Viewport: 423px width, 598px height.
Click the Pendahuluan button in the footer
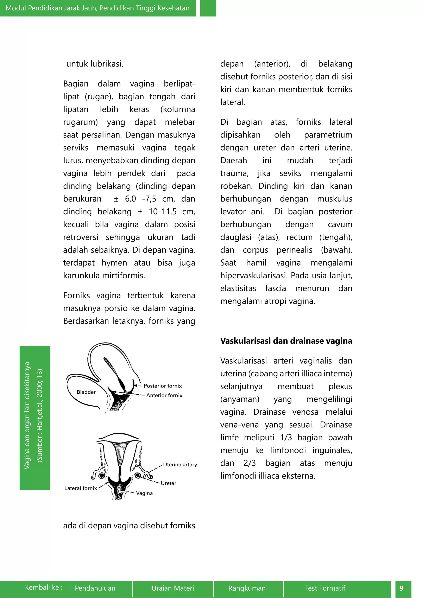click(95, 588)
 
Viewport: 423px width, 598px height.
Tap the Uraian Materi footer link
click(173, 588)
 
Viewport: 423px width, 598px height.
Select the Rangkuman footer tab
click(247, 588)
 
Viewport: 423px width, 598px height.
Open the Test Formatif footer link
click(325, 588)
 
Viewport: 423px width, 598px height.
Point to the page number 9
click(401, 588)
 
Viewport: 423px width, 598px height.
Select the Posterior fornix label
click(163, 386)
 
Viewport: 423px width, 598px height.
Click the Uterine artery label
click(180, 464)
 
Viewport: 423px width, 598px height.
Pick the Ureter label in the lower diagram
click(168, 483)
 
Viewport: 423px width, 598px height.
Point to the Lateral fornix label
click(81, 488)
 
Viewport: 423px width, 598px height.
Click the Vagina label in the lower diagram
click(144, 493)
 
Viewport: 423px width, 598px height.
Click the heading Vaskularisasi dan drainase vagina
click(286, 341)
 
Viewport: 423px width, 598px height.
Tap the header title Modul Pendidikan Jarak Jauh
click(97, 8)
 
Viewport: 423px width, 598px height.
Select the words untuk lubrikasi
click(95, 64)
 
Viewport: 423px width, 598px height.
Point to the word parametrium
click(328, 135)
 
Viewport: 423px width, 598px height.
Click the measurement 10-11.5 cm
click(171, 211)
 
